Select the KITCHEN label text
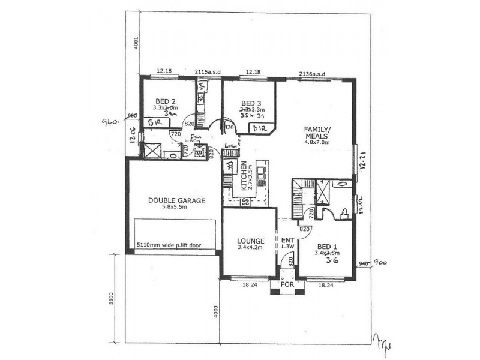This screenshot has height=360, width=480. [244, 175]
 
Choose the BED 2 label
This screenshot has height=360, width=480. [165, 101]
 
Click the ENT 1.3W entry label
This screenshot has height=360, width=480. [287, 242]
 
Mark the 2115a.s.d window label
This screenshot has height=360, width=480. [208, 72]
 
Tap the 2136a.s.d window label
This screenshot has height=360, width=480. [311, 74]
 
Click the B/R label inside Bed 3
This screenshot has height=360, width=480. [259, 128]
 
